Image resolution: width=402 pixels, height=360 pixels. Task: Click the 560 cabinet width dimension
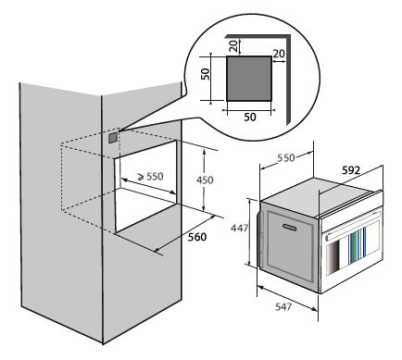(x=197, y=237)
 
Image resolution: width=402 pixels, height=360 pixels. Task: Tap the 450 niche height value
(x=205, y=180)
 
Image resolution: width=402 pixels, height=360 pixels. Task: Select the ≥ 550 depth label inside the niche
(x=150, y=177)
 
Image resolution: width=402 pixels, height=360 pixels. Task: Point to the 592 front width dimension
(x=351, y=170)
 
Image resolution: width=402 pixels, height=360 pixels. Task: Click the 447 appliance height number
(x=239, y=228)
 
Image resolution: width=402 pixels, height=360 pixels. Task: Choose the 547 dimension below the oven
(x=283, y=306)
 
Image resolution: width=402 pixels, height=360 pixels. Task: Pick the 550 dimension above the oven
(x=286, y=157)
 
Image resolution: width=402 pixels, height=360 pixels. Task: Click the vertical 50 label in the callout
(x=206, y=74)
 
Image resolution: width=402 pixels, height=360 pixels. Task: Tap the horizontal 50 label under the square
(x=250, y=118)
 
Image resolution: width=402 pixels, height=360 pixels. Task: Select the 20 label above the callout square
(x=234, y=45)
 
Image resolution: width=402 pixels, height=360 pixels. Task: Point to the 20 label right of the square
(x=279, y=54)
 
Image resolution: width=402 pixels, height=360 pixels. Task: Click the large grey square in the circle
(x=249, y=79)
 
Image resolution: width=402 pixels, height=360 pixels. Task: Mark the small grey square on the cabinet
(x=113, y=137)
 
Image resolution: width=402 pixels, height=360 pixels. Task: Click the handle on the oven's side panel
(x=290, y=228)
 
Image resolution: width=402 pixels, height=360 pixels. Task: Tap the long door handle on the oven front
(x=353, y=230)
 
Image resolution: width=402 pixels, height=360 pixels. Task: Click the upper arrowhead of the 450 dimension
(x=204, y=153)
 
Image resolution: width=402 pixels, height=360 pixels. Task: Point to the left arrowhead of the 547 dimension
(x=260, y=288)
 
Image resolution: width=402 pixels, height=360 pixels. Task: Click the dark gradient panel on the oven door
(x=333, y=257)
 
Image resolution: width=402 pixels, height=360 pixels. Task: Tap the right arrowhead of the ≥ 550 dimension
(x=172, y=192)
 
